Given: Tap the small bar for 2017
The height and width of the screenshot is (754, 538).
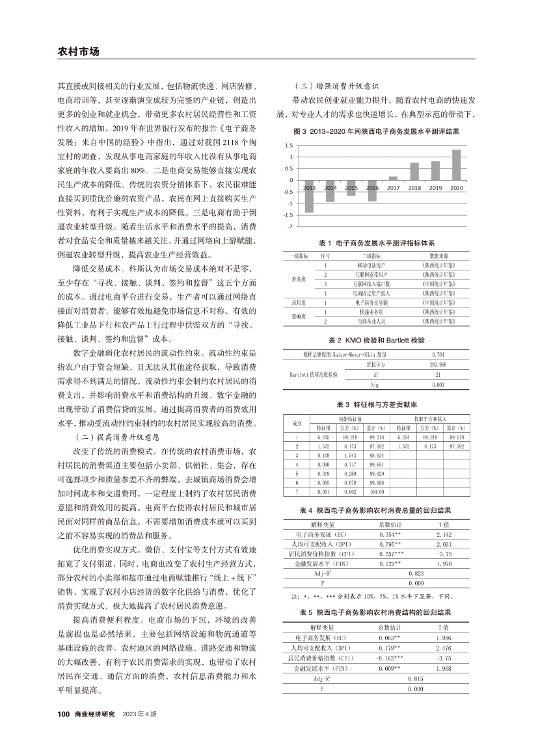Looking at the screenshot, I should [393, 177].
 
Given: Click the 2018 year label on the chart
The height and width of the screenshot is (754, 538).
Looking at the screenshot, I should [414, 187].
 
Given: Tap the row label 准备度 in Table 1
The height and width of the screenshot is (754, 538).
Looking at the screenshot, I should [299, 279].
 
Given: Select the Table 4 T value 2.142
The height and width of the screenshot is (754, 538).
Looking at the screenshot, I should [444, 532].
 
